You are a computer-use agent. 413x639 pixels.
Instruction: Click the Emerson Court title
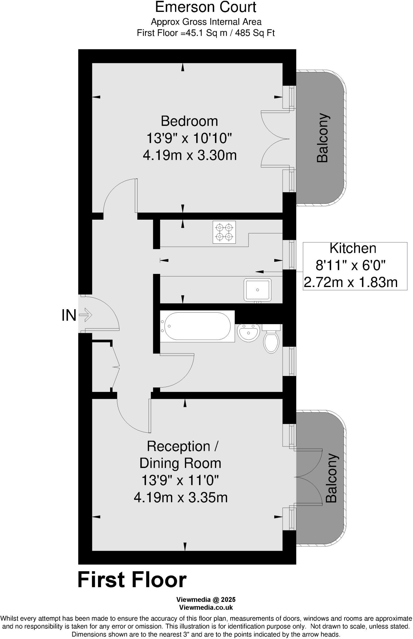[x=206, y=7]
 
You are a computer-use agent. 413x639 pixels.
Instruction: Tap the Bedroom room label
[x=189, y=121]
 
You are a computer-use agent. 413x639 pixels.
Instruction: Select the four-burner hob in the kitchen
[x=224, y=232]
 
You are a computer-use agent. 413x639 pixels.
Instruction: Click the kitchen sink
[x=258, y=290]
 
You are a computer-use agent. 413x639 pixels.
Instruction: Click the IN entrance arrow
[x=85, y=315]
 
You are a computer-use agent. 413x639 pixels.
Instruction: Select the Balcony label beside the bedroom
[x=322, y=138]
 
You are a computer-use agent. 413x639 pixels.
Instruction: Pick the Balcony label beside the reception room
[x=331, y=478]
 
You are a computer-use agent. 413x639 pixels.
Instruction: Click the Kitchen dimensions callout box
[x=355, y=266]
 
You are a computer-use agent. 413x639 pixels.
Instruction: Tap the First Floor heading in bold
[x=132, y=580]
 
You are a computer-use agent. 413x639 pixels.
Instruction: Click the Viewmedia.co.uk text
[x=206, y=607]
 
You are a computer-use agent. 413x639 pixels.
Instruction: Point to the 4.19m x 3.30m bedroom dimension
[x=190, y=155]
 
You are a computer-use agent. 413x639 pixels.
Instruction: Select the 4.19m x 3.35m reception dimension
[x=181, y=497]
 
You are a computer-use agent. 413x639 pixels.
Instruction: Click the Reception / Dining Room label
[x=181, y=455]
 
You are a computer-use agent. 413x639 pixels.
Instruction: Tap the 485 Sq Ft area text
[x=255, y=33]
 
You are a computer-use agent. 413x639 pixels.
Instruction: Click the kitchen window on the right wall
[x=291, y=255]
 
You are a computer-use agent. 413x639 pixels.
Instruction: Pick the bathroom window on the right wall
[x=291, y=361]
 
